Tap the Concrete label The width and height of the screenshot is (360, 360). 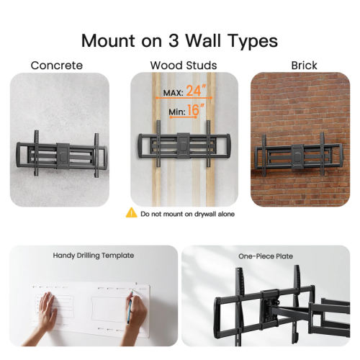tap(57, 66)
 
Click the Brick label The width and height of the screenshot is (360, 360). tap(304, 66)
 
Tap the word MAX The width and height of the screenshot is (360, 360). tap(172, 93)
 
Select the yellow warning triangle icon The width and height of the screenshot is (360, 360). tap(131, 213)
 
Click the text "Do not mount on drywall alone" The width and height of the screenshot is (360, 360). tap(188, 214)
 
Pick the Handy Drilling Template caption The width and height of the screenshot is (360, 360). tap(93, 255)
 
